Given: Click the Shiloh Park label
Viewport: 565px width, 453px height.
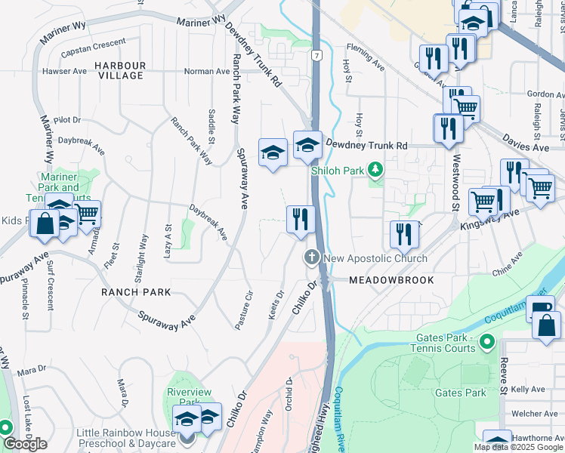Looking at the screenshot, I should (x=338, y=171).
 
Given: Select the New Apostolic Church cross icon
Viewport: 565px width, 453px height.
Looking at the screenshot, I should (x=310, y=258).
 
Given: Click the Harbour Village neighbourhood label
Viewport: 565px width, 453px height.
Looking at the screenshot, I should (x=120, y=70).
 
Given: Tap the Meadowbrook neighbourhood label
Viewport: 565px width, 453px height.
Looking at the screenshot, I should (x=391, y=280).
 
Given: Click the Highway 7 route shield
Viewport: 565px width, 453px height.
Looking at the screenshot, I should (x=320, y=56).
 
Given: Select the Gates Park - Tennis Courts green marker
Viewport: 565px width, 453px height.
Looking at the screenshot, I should (x=487, y=343).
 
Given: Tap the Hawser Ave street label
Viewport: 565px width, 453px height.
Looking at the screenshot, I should (x=64, y=72).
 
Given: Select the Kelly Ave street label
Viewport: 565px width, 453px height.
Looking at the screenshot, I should (x=528, y=390).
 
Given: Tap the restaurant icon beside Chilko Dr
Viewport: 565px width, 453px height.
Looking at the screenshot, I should (x=301, y=220).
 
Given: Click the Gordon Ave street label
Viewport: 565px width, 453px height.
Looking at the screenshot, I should (x=541, y=94).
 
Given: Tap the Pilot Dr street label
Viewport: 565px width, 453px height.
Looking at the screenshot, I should (x=66, y=120).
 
